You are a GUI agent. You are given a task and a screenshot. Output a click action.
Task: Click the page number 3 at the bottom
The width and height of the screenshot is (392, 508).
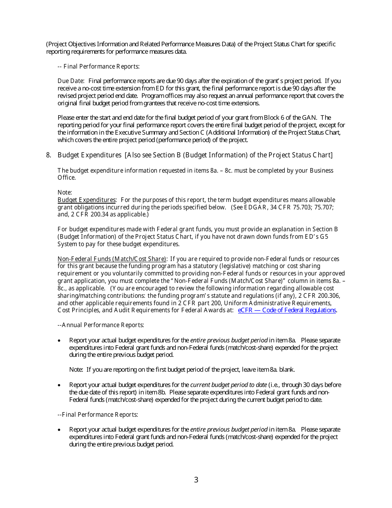[x=196, y=480]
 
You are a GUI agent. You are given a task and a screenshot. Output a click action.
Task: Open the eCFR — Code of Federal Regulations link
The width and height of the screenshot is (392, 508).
[x=287, y=310]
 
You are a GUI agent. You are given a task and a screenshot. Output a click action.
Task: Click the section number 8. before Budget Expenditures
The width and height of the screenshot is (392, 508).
[x=49, y=155]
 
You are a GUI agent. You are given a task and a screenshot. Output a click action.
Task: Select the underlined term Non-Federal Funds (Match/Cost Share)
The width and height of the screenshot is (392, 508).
[x=112, y=259]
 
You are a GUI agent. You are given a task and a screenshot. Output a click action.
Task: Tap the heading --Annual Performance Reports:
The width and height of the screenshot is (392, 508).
[x=101, y=325]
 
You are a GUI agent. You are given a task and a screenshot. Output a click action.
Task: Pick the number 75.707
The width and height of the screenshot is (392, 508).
[x=324, y=207]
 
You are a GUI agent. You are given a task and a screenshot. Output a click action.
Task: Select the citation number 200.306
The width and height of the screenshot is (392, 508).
[x=328, y=296]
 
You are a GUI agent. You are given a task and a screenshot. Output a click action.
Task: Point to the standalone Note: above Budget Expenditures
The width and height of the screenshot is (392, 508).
[x=65, y=192]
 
